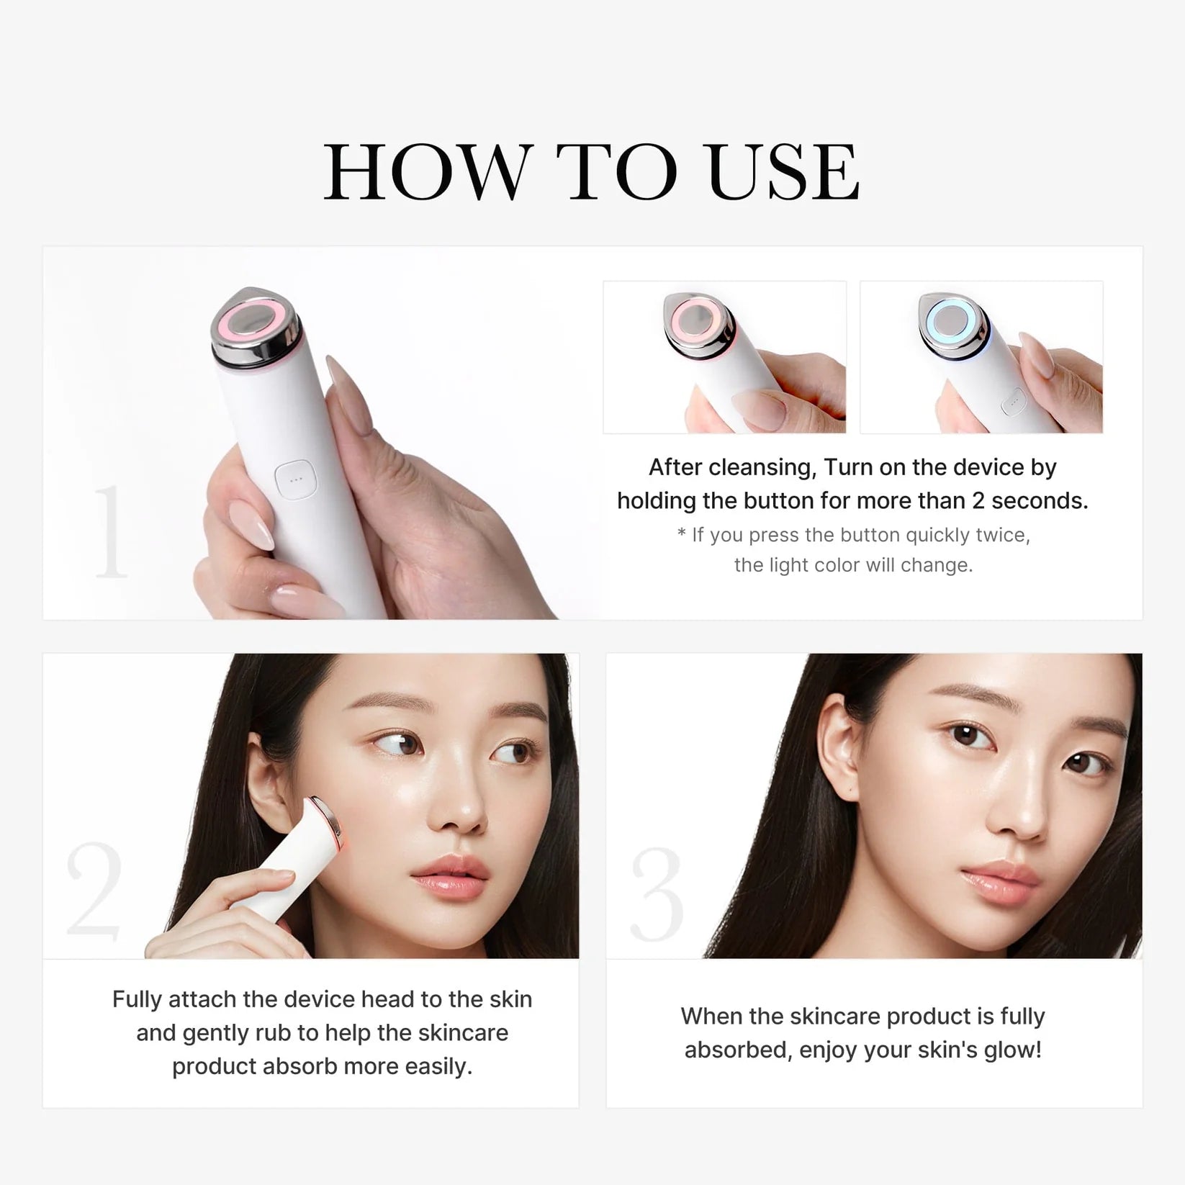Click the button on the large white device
click(295, 479)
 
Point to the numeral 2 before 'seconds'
click(978, 500)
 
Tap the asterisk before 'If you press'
click(681, 533)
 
